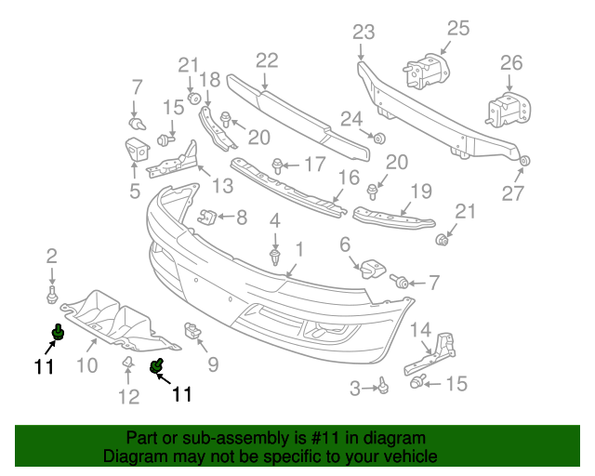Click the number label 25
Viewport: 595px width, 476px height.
tap(459, 28)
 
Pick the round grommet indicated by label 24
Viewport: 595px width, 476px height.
tap(379, 139)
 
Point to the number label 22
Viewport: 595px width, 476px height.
tap(267, 60)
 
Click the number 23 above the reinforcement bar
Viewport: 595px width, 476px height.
tap(363, 33)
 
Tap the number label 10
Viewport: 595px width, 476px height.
tap(86, 365)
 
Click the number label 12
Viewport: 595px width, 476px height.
tap(128, 398)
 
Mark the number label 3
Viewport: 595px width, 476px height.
tap(355, 389)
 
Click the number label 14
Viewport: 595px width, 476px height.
tap(421, 329)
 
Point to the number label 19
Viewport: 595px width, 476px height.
tap(421, 192)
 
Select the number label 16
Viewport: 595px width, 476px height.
tap(348, 178)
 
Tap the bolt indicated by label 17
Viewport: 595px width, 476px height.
tap(277, 166)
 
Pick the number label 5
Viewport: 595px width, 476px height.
tap(135, 192)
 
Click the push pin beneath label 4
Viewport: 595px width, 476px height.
tap(275, 255)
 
